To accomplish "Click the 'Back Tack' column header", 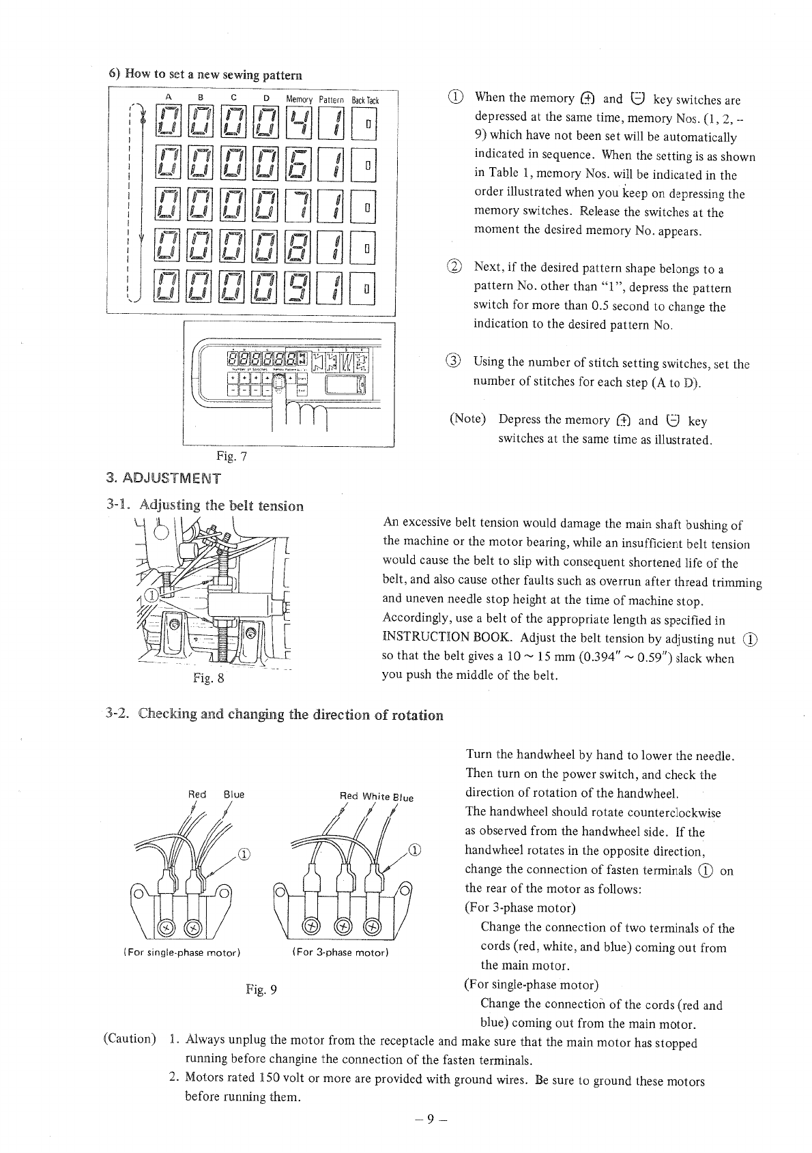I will coord(365,100).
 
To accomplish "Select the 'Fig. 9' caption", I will coord(261,989).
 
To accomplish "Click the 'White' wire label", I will coord(376,796).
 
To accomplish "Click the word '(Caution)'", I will coord(130,1039).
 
